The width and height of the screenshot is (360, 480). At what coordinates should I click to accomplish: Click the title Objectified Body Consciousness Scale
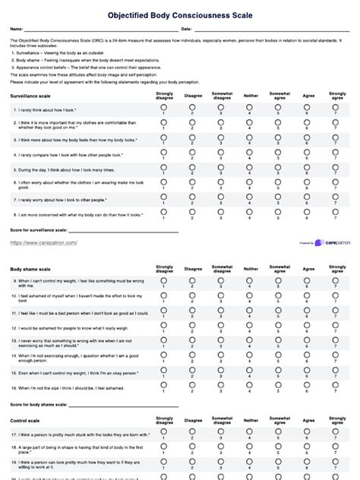click(x=180, y=14)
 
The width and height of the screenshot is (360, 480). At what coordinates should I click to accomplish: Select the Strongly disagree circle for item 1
click(x=164, y=108)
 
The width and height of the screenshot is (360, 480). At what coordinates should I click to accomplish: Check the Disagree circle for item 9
click(x=193, y=280)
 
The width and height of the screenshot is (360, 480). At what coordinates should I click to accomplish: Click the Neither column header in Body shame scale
click(x=251, y=269)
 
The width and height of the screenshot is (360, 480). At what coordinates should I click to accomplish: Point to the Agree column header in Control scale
click(x=308, y=419)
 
